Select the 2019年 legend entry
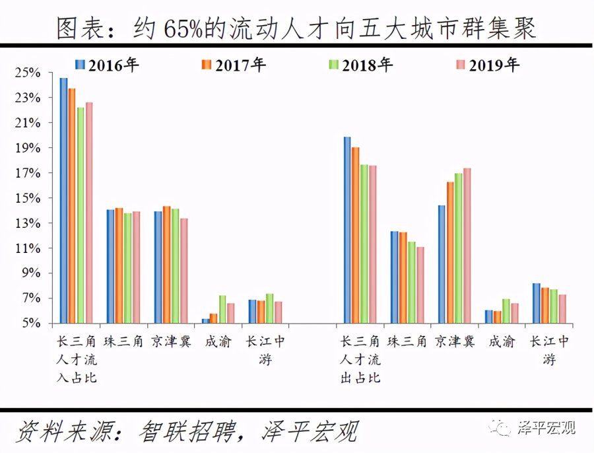coord(488,65)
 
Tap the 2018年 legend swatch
coord(334,65)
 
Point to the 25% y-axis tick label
coord(30,73)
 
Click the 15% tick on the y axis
coord(30,198)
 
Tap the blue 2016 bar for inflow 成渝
coord(205,321)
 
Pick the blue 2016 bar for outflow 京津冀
coord(442,264)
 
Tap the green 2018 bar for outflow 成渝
coord(506,311)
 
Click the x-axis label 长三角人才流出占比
coord(360,359)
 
